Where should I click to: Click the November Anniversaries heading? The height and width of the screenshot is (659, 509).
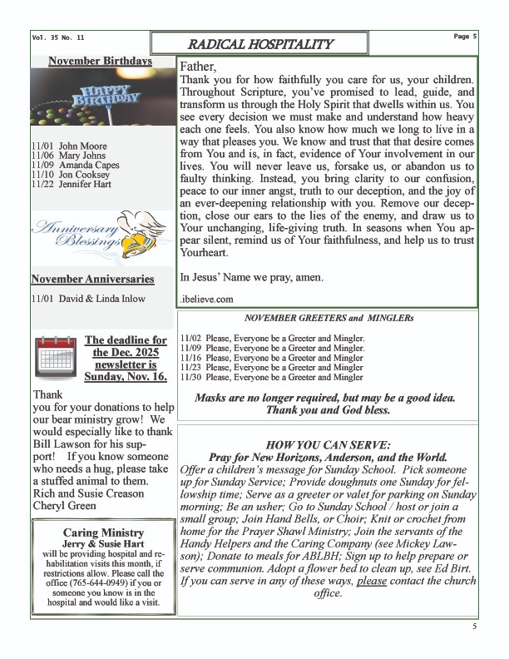92,278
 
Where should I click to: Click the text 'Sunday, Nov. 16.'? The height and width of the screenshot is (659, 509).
126,376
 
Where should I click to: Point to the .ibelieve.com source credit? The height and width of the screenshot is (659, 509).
207,298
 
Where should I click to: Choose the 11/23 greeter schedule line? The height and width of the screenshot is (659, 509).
271,366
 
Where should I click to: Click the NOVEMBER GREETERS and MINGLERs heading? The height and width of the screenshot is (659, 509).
329,318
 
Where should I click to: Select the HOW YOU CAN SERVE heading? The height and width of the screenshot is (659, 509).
328,444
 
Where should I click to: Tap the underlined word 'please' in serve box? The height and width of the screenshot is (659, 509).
372,582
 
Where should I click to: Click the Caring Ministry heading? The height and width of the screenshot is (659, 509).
102,532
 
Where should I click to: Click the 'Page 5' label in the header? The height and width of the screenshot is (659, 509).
465,37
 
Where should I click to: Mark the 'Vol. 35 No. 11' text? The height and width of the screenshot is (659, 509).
58,37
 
